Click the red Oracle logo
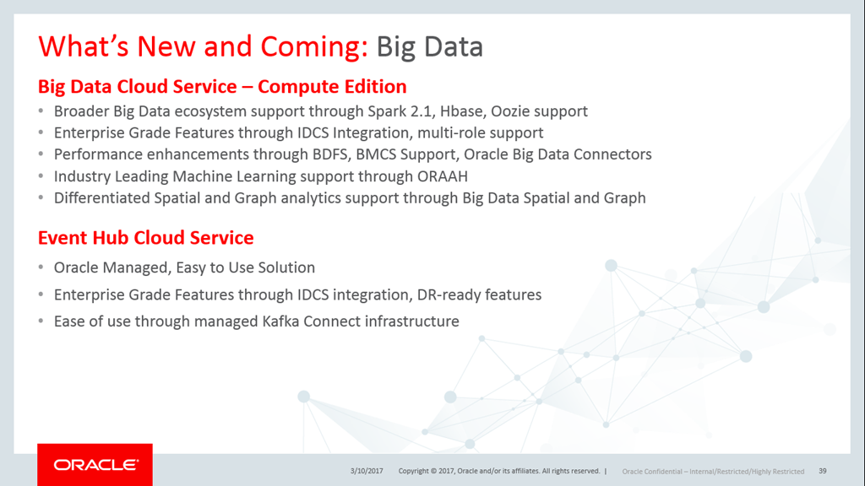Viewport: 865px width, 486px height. (x=95, y=465)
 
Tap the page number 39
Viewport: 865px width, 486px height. (x=823, y=471)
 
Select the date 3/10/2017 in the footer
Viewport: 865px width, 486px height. (x=367, y=471)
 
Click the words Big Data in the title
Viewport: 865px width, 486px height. (x=430, y=46)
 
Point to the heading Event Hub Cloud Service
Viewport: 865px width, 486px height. (x=145, y=237)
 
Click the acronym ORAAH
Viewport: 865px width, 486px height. (x=443, y=176)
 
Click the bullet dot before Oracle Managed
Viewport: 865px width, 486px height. (x=41, y=267)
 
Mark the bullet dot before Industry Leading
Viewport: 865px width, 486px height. (x=41, y=177)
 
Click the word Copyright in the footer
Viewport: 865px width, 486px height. (x=413, y=471)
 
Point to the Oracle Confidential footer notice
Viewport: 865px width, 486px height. (x=713, y=472)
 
